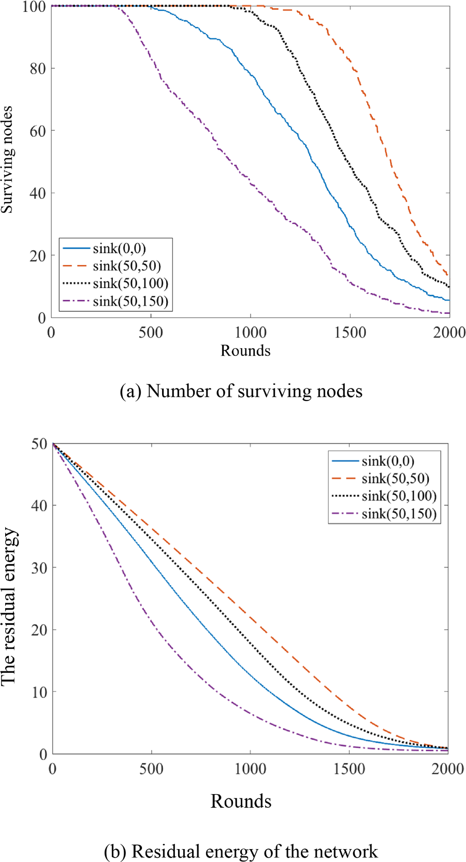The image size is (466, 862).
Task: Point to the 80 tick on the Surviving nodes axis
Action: [38, 68]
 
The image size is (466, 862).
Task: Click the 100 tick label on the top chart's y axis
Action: [34, 7]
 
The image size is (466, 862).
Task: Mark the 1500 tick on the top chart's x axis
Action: [350, 333]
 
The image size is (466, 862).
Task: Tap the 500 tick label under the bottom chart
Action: [151, 769]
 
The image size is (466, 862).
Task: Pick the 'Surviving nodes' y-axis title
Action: [7, 160]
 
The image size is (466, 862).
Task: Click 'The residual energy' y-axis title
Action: [9, 607]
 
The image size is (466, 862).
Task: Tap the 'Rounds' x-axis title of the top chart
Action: [245, 351]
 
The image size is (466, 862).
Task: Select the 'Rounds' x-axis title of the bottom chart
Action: [241, 801]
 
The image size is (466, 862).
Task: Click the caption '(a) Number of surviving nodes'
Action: [241, 391]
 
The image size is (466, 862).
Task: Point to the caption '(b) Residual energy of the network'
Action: [241, 852]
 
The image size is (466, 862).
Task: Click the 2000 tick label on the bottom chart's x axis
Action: [448, 769]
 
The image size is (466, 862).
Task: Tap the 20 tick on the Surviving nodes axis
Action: [38, 256]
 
